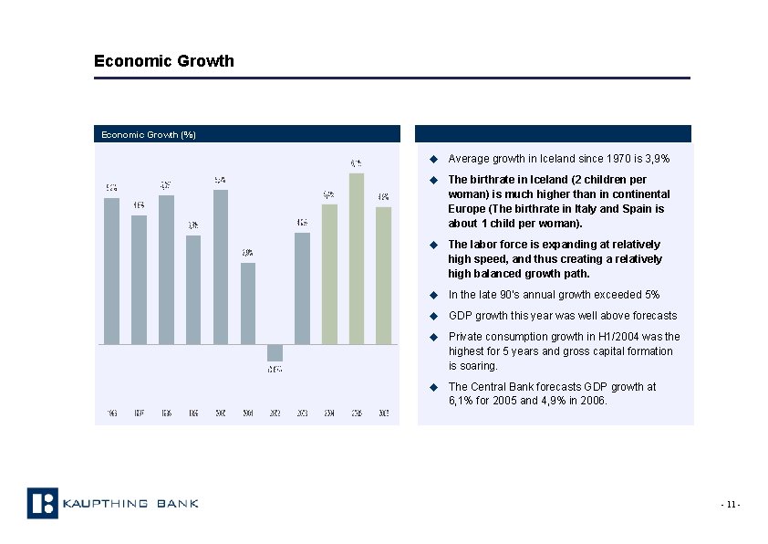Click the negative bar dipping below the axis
click(x=275, y=352)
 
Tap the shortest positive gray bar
click(x=247, y=303)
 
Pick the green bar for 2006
click(x=384, y=275)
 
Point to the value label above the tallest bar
click(x=357, y=163)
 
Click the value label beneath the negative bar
click(x=275, y=370)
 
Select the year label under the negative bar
click(x=275, y=413)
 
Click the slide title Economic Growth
click(x=164, y=61)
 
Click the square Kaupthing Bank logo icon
click(x=42, y=503)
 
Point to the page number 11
click(x=731, y=505)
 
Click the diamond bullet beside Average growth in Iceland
click(x=435, y=159)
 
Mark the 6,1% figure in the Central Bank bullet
click(x=462, y=400)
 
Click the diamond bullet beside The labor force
click(x=435, y=245)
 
